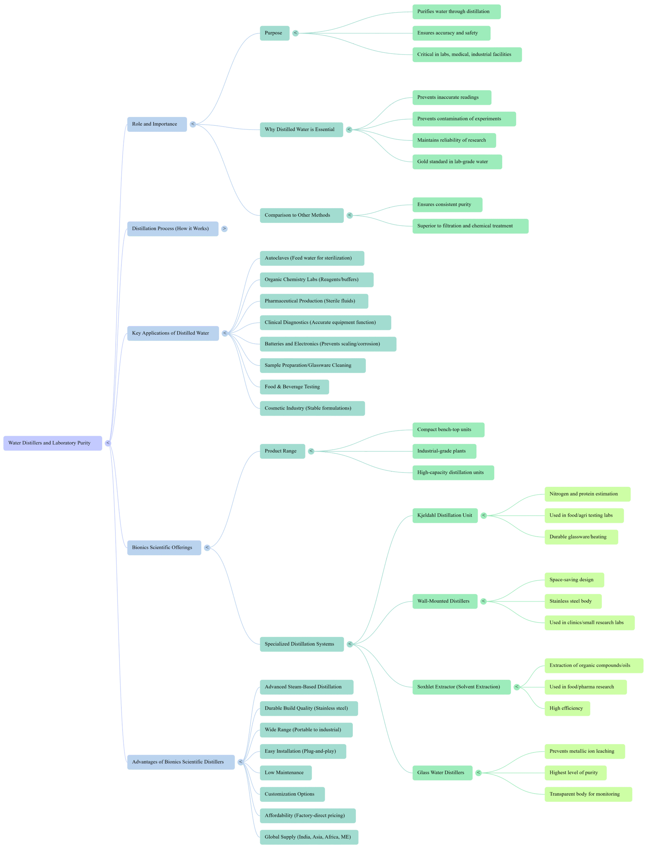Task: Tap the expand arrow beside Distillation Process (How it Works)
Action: click(224, 229)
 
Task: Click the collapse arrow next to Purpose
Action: click(295, 33)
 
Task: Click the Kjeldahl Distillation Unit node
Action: click(445, 515)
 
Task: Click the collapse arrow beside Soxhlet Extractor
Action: click(516, 687)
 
